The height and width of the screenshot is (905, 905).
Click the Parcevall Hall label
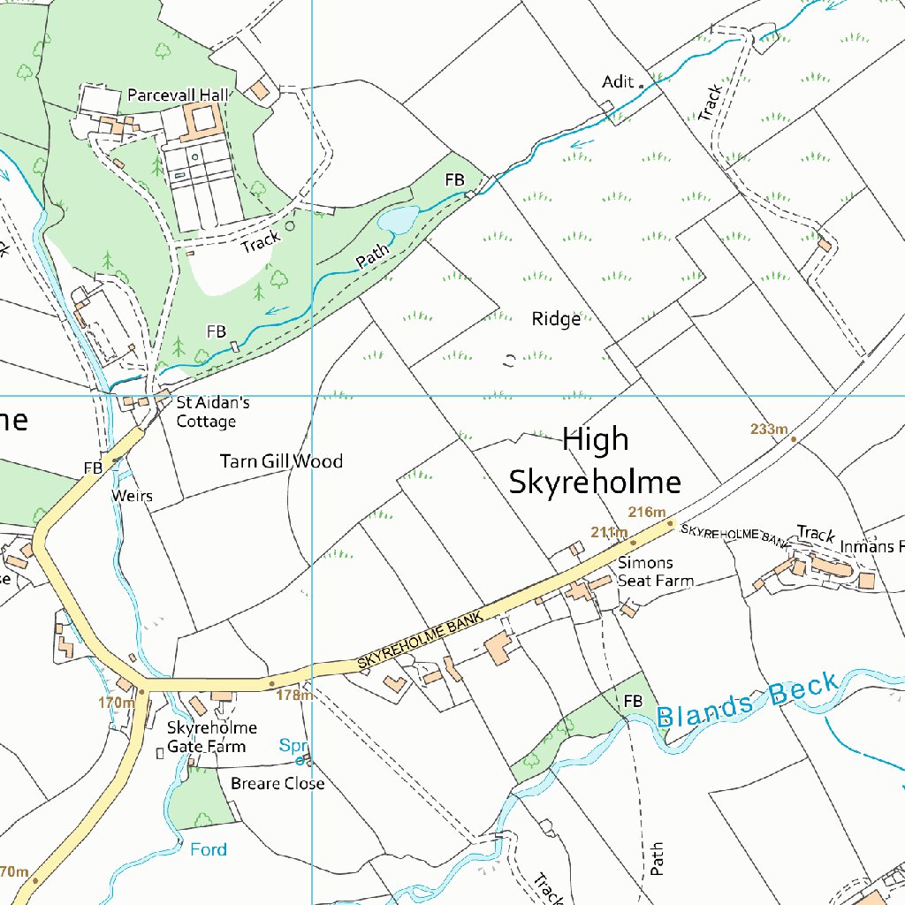(178, 95)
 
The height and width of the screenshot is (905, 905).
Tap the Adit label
(618, 82)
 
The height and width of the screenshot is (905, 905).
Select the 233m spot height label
(769, 430)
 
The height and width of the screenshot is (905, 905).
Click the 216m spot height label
(646, 513)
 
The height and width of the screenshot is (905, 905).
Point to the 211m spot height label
(609, 531)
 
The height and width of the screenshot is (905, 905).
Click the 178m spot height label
(294, 695)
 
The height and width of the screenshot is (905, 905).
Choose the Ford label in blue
(209, 850)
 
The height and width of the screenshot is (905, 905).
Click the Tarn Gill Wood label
(281, 461)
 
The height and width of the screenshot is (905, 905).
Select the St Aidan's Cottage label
(212, 412)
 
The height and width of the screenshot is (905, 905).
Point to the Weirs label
(132, 496)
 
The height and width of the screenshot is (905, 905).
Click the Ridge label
(557, 319)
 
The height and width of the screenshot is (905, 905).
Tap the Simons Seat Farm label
(655, 572)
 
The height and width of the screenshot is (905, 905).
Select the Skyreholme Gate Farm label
(212, 737)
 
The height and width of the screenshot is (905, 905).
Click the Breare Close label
(278, 784)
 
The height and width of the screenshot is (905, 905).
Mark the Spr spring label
(293, 744)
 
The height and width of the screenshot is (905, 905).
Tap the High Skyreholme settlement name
(595, 460)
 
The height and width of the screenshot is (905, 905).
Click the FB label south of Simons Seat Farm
(633, 701)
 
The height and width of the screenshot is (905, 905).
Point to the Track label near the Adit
(710, 103)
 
